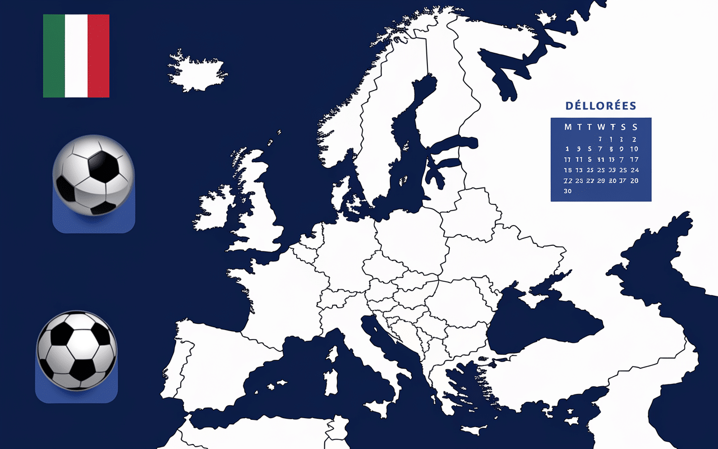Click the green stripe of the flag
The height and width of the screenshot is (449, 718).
pyautogui.click(x=54, y=56)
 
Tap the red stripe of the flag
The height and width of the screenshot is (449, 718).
pyautogui.click(x=98, y=56)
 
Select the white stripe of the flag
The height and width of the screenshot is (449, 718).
pyautogui.click(x=76, y=56)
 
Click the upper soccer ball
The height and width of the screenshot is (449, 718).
pyautogui.click(x=94, y=175)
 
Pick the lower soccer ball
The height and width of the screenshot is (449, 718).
pyautogui.click(x=77, y=351)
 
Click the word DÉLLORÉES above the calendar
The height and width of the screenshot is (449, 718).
pyautogui.click(x=601, y=106)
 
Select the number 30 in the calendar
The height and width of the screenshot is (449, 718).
pyautogui.click(x=568, y=191)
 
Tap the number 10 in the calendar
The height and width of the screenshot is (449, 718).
pyautogui.click(x=634, y=149)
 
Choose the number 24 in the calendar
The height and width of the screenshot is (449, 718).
pyautogui.click(x=634, y=170)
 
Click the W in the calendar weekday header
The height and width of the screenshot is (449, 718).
pyautogui.click(x=601, y=127)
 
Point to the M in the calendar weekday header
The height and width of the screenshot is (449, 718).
pyautogui.click(x=568, y=127)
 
